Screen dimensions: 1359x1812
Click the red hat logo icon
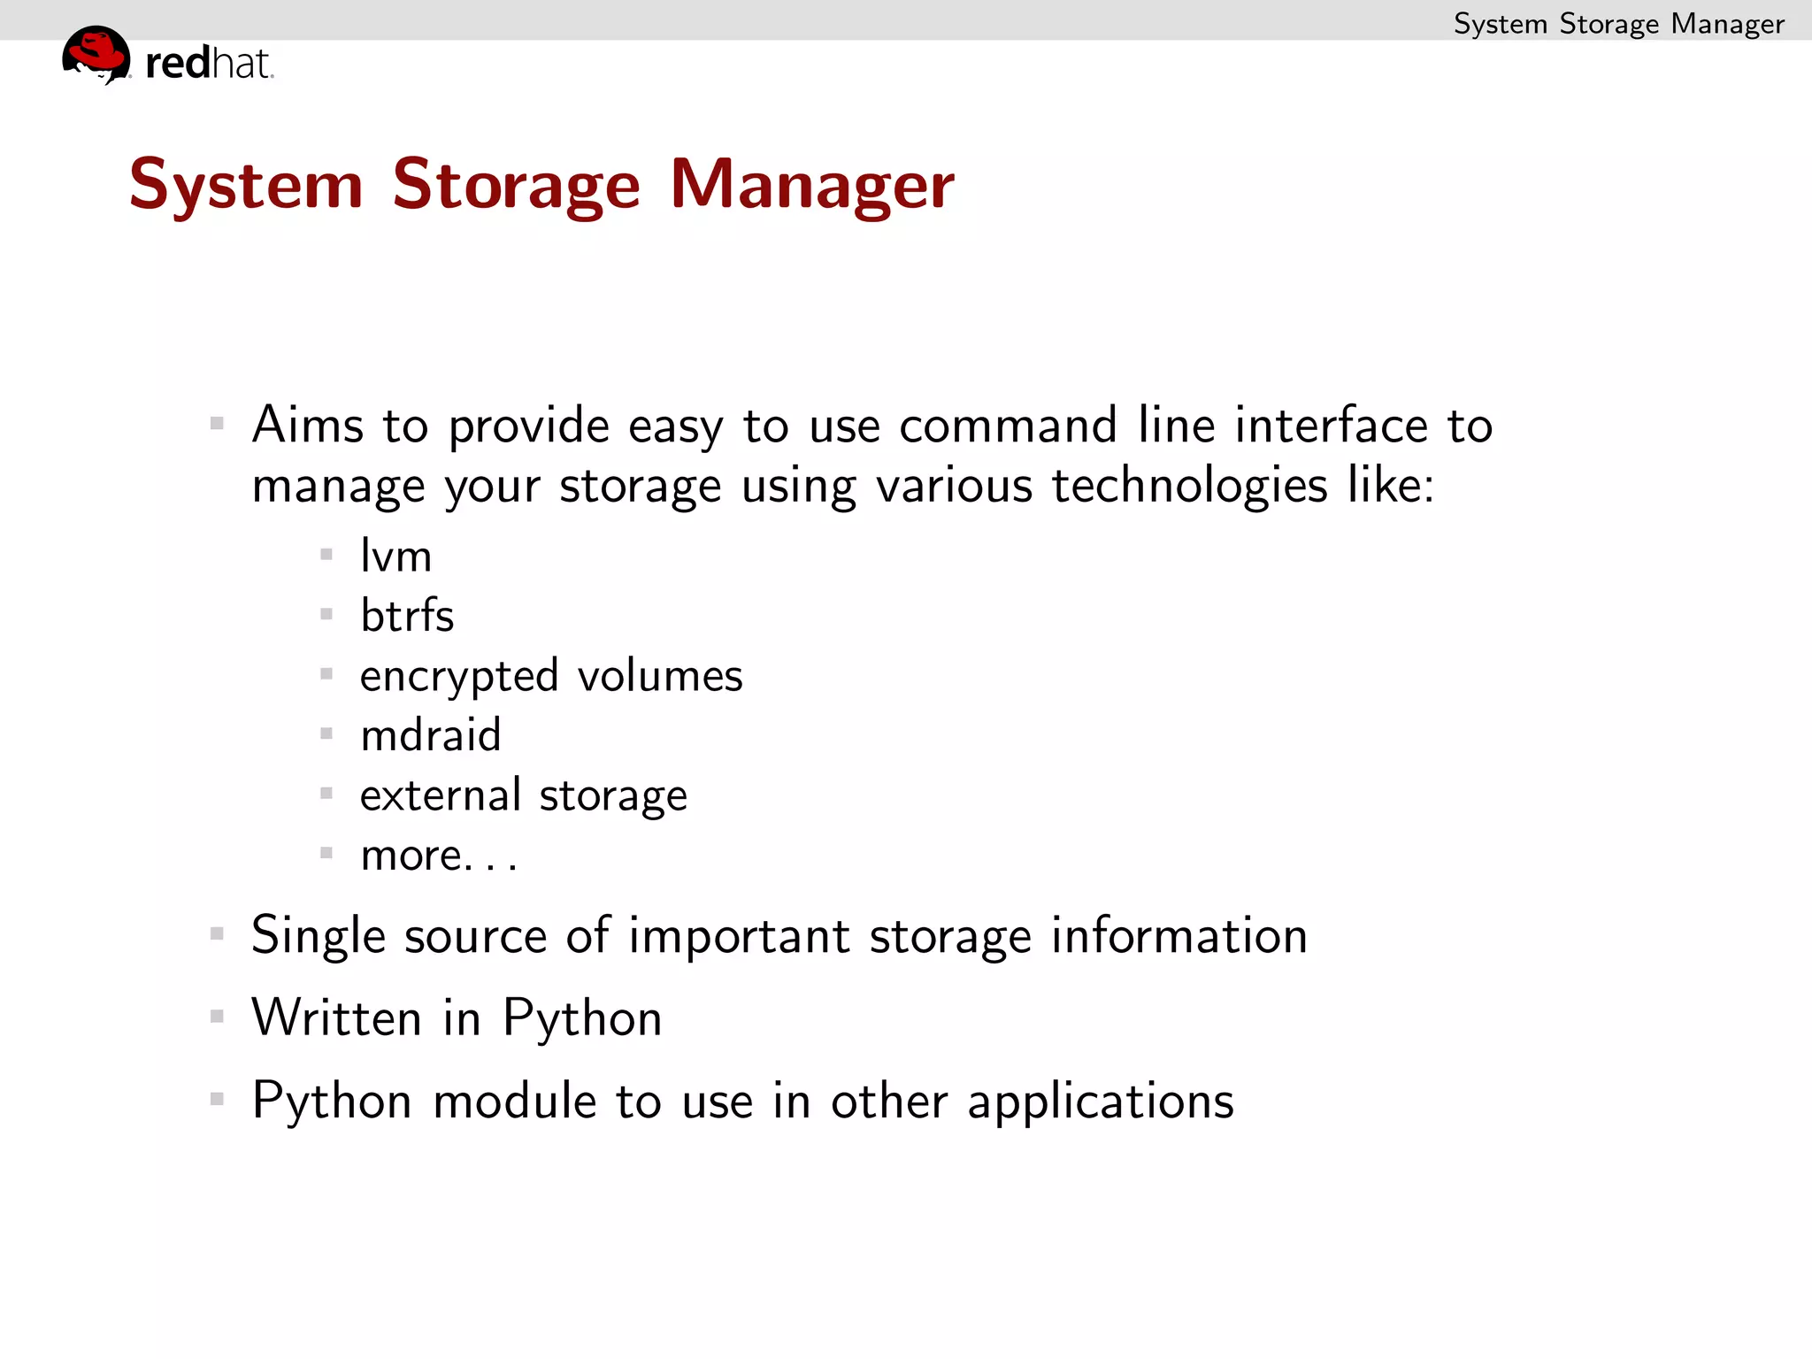click(96, 54)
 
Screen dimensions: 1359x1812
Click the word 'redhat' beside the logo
click(209, 64)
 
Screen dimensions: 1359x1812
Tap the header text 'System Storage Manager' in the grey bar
click(1618, 23)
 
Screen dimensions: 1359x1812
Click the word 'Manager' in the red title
click(811, 185)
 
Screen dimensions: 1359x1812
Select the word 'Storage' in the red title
click(516, 185)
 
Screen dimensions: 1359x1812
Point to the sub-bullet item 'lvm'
click(395, 556)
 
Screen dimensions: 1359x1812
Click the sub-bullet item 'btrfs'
click(407, 615)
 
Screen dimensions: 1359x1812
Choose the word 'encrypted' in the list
click(459, 676)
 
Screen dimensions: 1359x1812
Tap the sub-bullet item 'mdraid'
click(431, 734)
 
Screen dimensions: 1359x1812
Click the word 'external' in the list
click(440, 795)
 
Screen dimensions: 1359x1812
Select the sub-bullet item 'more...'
click(438, 855)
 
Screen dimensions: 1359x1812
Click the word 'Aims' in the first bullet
click(307, 425)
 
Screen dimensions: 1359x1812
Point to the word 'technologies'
click(1189, 486)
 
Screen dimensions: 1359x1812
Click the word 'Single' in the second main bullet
click(319, 936)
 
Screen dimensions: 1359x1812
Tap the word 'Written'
click(336, 1017)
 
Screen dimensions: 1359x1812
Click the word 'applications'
click(1100, 1102)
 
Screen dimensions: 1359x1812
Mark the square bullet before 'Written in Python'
click(217, 1017)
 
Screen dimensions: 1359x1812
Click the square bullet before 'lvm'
click(326, 555)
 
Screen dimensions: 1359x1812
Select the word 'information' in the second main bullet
click(1179, 935)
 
